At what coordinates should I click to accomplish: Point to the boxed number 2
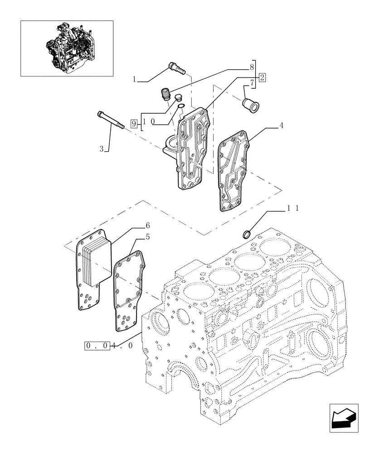click(262, 77)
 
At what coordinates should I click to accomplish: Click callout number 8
click(252, 67)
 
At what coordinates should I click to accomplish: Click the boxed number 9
click(133, 122)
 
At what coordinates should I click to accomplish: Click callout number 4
click(282, 125)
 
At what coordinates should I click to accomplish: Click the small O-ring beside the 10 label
click(180, 107)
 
